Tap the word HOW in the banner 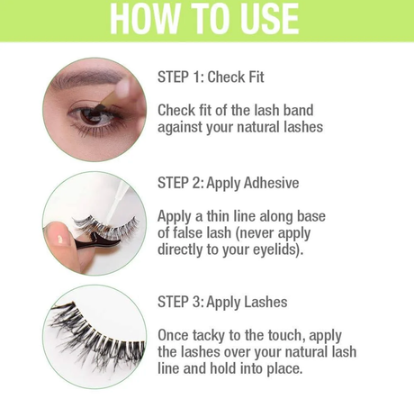tap(145, 19)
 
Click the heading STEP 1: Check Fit tap(211, 77)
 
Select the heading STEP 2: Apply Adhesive tap(228, 183)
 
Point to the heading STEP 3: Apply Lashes tap(222, 302)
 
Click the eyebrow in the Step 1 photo tap(87, 77)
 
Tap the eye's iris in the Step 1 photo tap(92, 116)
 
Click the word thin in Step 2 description tap(219, 216)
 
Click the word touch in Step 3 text tap(285, 335)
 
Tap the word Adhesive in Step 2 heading tap(271, 183)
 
